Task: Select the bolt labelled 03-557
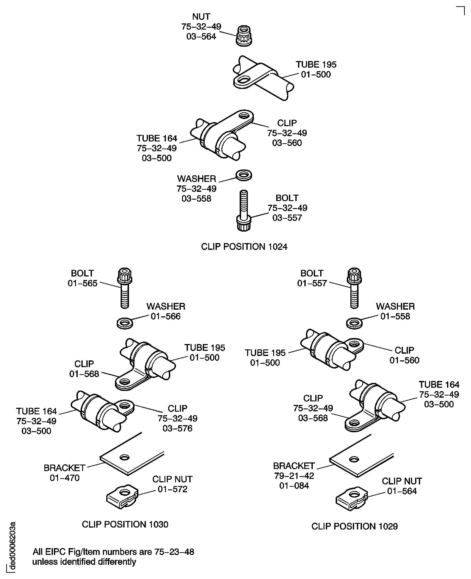click(244, 211)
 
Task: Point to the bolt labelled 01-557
click(354, 288)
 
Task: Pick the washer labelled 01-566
click(125, 323)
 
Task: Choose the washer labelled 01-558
click(354, 323)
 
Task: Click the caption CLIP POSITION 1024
click(244, 247)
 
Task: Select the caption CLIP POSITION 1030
click(125, 524)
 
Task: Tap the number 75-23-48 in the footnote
click(174, 552)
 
